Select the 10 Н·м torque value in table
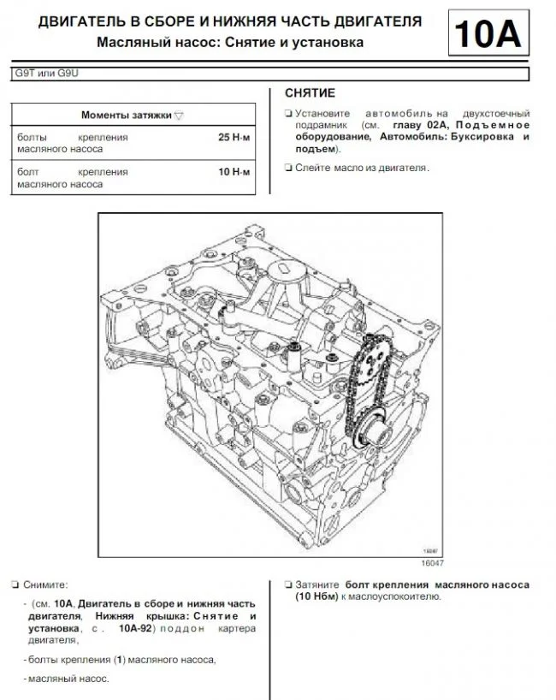click(234, 172)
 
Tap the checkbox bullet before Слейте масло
click(287, 168)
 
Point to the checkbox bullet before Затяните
click(287, 584)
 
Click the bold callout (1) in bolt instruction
click(120, 660)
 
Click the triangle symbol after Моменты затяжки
click(178, 115)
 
